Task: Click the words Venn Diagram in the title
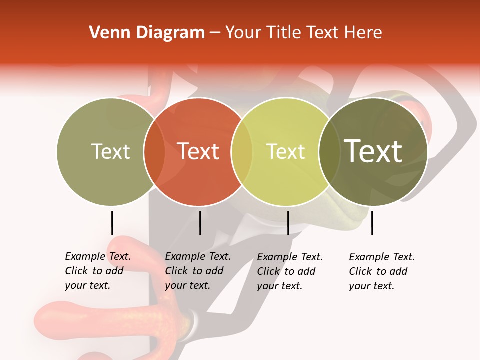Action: [x=146, y=33]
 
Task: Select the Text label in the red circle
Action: [x=198, y=151]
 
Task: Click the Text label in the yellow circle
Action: [x=285, y=151]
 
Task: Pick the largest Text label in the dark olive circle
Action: [x=373, y=151]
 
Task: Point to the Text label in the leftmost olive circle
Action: [x=110, y=151]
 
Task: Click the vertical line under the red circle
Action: [x=200, y=223]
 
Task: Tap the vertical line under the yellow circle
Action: [x=288, y=223]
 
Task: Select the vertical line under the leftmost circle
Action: [x=112, y=223]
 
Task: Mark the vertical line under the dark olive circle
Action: [x=372, y=223]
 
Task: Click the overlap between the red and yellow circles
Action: [x=242, y=151]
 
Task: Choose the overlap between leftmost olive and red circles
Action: [x=154, y=151]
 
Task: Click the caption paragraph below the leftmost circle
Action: [x=97, y=271]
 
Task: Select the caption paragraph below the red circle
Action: [x=197, y=271]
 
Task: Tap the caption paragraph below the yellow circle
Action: [x=289, y=271]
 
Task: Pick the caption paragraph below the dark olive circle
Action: [x=381, y=271]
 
